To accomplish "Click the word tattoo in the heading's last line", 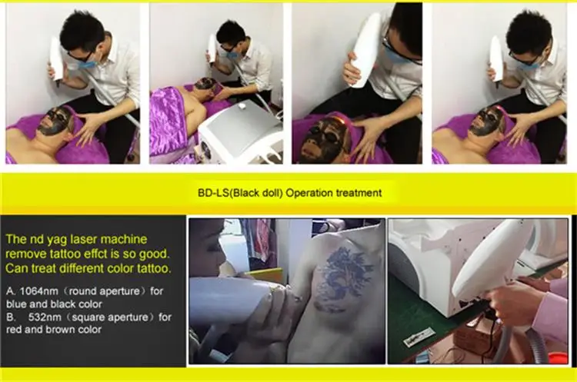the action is pyautogui.click(x=153, y=268).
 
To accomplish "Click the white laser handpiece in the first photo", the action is pyautogui.click(x=56, y=61).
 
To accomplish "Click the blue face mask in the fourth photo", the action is pyautogui.click(x=527, y=64).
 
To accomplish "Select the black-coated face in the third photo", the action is pyautogui.click(x=323, y=138).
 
